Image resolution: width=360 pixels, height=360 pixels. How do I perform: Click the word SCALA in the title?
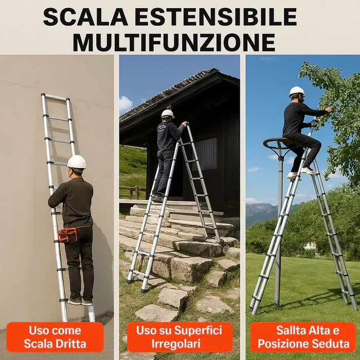[85, 17]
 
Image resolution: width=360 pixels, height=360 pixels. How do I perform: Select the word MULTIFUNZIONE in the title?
[174, 43]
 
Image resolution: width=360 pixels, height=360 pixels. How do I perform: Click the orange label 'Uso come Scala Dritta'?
[55, 337]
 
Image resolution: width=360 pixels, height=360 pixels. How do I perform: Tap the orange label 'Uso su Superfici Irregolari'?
[179, 337]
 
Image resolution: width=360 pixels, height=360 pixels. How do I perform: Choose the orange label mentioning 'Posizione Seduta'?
[303, 337]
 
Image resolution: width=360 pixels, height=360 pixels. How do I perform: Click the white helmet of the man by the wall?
[77, 162]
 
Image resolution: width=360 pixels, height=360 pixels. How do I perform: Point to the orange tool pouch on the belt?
[67, 235]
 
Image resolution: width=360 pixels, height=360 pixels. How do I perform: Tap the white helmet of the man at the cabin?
[168, 114]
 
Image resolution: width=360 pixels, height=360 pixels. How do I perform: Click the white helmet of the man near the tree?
[297, 92]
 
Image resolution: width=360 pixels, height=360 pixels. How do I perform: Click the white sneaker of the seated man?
[309, 171]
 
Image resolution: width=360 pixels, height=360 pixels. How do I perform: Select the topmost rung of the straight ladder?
[56, 97]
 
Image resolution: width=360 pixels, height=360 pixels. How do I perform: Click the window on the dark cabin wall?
[205, 154]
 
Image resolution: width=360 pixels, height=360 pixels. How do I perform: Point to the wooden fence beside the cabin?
[133, 192]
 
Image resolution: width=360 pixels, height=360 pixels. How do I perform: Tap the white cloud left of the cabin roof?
[125, 104]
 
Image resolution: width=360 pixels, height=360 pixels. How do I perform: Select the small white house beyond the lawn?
[311, 245]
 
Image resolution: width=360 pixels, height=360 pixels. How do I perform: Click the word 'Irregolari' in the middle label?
[176, 344]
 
